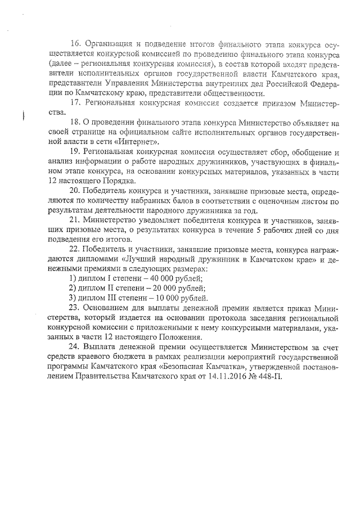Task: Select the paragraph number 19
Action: click(x=74, y=152)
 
